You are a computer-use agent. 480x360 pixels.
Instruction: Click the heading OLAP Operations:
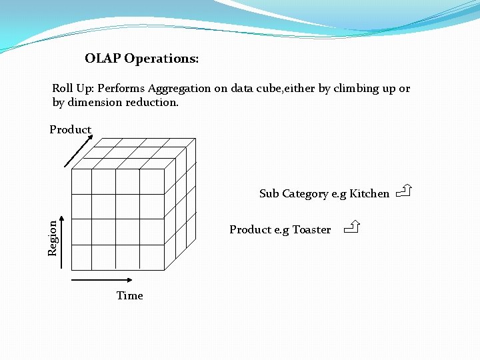pyautogui.click(x=141, y=59)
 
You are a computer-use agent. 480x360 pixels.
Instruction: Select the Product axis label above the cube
pyautogui.click(x=70, y=129)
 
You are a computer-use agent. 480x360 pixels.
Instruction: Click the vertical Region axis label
pyautogui.click(x=53, y=239)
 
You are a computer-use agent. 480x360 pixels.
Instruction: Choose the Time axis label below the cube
pyautogui.click(x=129, y=295)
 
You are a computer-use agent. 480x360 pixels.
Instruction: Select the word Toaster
pyautogui.click(x=311, y=230)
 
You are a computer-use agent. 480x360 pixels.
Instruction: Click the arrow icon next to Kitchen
pyautogui.click(x=403, y=193)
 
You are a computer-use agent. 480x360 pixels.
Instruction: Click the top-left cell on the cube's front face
pyautogui.click(x=81, y=181)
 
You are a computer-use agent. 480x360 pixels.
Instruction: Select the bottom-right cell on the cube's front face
pyautogui.click(x=152, y=257)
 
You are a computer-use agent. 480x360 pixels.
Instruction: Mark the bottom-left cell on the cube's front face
pyautogui.click(x=81, y=257)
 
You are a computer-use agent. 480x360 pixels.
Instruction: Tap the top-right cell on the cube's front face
pyautogui.click(x=152, y=181)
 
